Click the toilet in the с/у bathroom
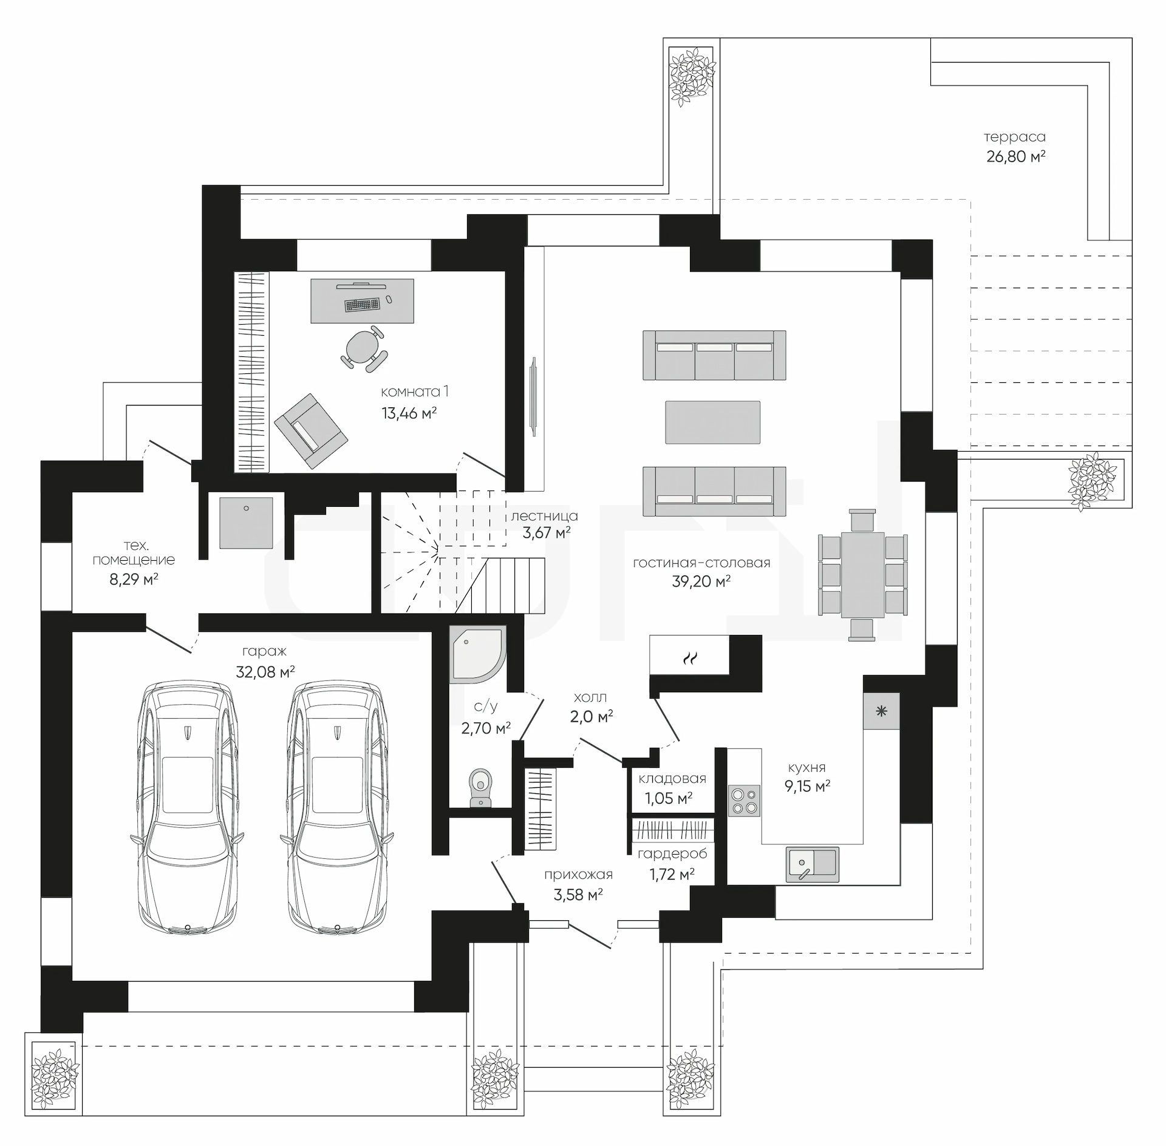481,788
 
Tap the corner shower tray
477,653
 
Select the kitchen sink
813,864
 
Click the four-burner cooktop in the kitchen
744,801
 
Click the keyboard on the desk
362,304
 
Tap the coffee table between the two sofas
712,422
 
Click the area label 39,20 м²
701,581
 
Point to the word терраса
1015,137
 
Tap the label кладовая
672,779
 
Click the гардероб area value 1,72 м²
672,875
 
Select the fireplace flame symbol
690,658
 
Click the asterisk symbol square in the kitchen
881,711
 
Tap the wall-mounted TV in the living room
533,394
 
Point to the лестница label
544,516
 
